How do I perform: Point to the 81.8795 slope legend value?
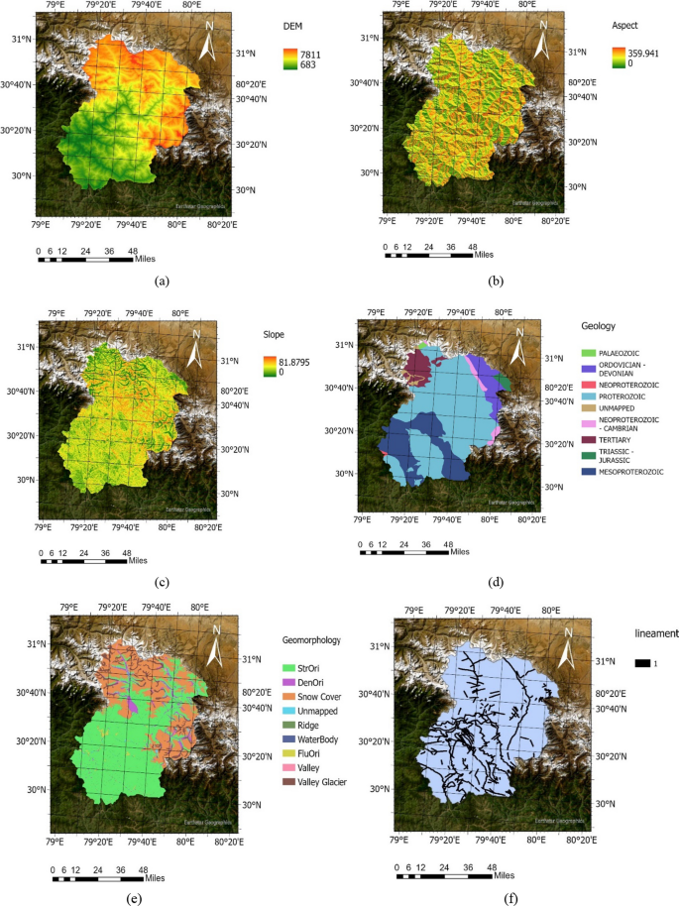[x=296, y=362]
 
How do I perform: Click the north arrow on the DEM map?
[x=207, y=42]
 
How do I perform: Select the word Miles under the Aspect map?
[x=485, y=255]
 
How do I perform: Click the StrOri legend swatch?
[x=288, y=670]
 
